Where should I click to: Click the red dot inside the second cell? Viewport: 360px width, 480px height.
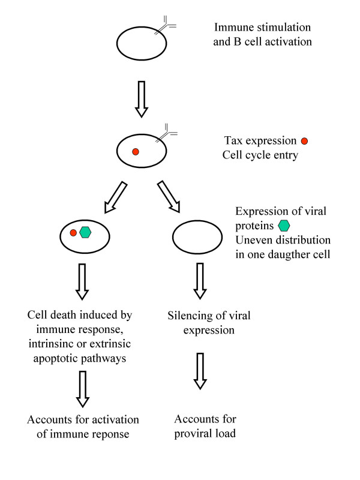(135, 152)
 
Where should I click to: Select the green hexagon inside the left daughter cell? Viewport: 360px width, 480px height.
(85, 232)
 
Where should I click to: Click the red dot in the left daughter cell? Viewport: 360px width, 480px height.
(73, 232)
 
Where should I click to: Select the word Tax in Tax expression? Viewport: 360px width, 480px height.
(233, 142)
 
